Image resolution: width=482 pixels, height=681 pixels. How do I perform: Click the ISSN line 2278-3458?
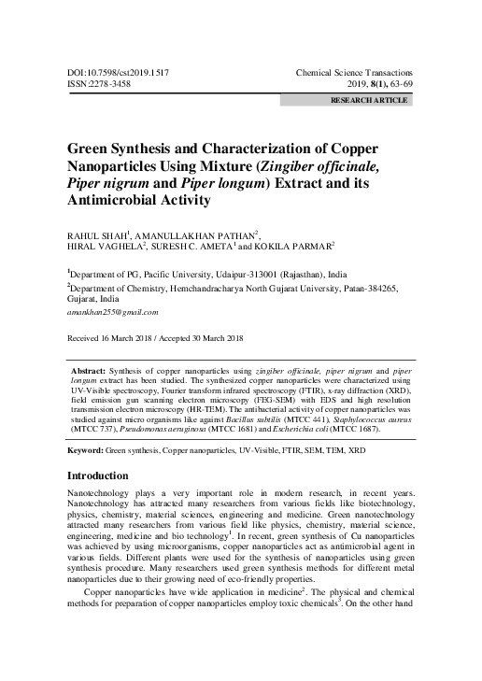pyautogui.click(x=102, y=83)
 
